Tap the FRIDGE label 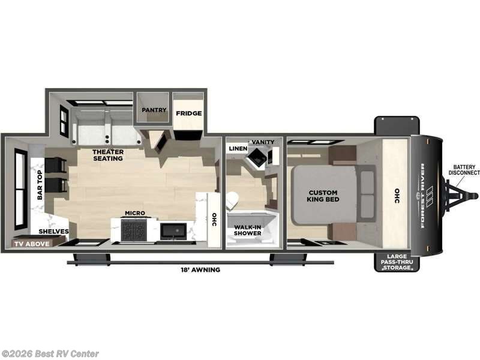[188, 113]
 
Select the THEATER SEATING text [108, 155]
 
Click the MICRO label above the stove [133, 213]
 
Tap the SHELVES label [54, 232]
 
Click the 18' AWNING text [202, 270]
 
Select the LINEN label [238, 148]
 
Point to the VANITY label [263, 142]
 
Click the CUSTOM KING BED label [323, 195]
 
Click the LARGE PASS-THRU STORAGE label [397, 262]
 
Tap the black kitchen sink [173, 230]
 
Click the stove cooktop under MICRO [133, 229]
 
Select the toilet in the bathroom [232, 200]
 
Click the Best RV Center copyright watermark [50, 354]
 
